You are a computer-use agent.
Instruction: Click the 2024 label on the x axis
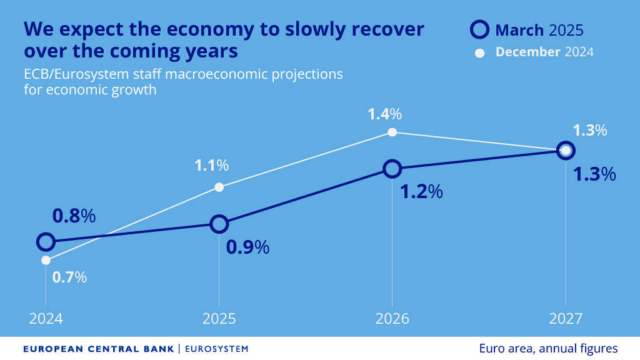[x=46, y=319]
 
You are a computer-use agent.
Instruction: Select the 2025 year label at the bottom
[x=219, y=319]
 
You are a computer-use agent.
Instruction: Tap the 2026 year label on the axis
[x=392, y=319]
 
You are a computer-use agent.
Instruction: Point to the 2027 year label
[x=565, y=319]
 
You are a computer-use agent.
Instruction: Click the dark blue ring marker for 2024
[x=46, y=242]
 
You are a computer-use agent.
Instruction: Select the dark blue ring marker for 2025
[x=219, y=224]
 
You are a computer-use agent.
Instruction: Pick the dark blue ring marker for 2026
[x=392, y=169]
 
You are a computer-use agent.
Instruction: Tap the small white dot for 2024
[x=46, y=260]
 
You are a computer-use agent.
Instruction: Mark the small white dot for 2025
[x=219, y=187]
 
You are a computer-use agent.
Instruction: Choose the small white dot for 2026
[x=392, y=132]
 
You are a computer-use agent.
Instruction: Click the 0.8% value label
[x=74, y=216]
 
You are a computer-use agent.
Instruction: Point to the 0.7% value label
[x=69, y=277]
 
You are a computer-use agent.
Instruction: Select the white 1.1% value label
[x=211, y=166]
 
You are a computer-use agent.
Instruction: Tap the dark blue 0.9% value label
[x=247, y=247]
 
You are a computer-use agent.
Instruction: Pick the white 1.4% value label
[x=384, y=114]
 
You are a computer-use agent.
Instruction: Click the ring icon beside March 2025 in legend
[x=479, y=29]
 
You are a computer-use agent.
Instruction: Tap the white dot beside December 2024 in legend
[x=480, y=52]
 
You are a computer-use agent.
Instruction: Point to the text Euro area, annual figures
[x=548, y=348]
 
